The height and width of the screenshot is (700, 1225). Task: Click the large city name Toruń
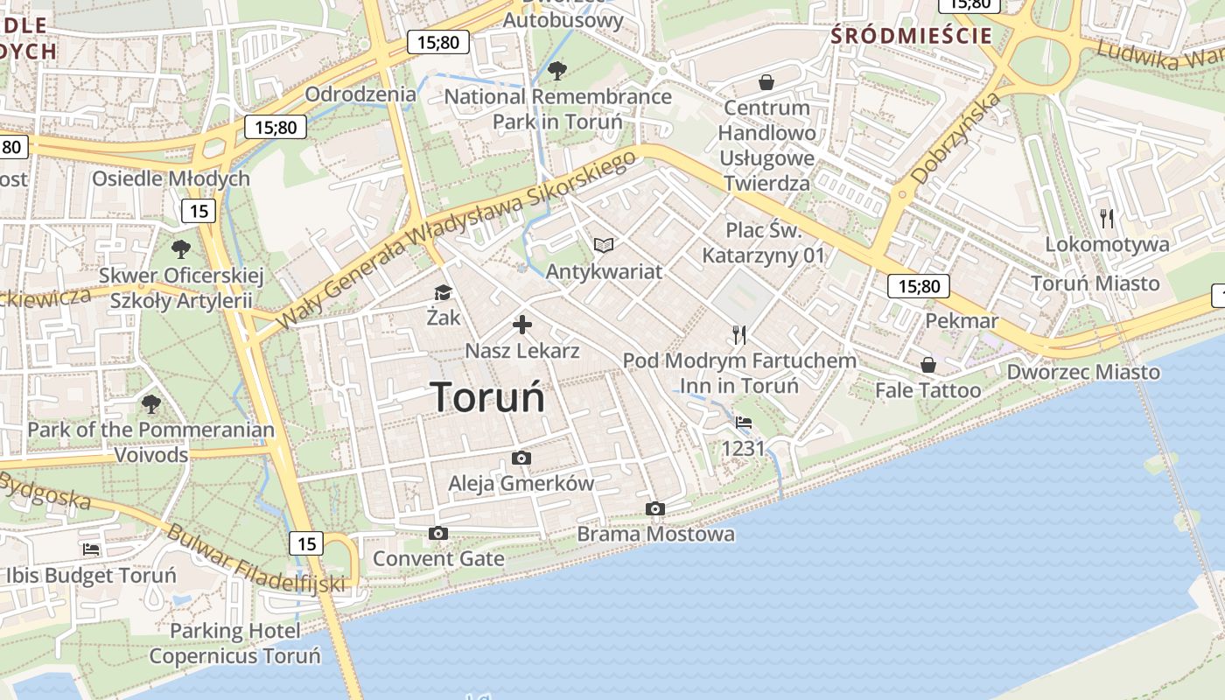click(x=487, y=397)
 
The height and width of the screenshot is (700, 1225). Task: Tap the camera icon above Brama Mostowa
click(x=654, y=508)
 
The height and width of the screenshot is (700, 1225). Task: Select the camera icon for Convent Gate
click(x=438, y=533)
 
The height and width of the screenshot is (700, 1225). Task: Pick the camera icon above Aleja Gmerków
click(x=521, y=458)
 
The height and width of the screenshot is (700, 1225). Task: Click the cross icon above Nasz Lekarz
click(x=522, y=325)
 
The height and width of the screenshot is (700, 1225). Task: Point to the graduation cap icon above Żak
click(x=443, y=292)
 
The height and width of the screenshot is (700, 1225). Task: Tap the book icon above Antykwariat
click(x=604, y=245)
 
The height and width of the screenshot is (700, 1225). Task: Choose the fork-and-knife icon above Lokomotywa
click(x=1108, y=218)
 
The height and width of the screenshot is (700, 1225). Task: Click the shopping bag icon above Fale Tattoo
click(x=927, y=364)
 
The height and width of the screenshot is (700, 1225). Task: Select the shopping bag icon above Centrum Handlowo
click(x=766, y=82)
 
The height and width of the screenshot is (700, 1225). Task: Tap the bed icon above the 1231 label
click(x=744, y=423)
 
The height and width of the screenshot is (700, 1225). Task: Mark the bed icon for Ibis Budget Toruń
click(x=91, y=549)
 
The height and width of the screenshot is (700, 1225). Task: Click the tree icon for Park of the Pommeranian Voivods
click(x=150, y=403)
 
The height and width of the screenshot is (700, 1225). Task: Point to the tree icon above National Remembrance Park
click(x=556, y=70)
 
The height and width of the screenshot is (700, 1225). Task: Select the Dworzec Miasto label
click(x=1083, y=372)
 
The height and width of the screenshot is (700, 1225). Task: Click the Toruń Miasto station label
click(x=1095, y=283)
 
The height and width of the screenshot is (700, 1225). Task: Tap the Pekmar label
click(x=962, y=320)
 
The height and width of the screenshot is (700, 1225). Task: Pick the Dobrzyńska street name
click(x=955, y=139)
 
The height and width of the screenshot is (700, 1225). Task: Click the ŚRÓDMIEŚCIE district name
click(x=912, y=36)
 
